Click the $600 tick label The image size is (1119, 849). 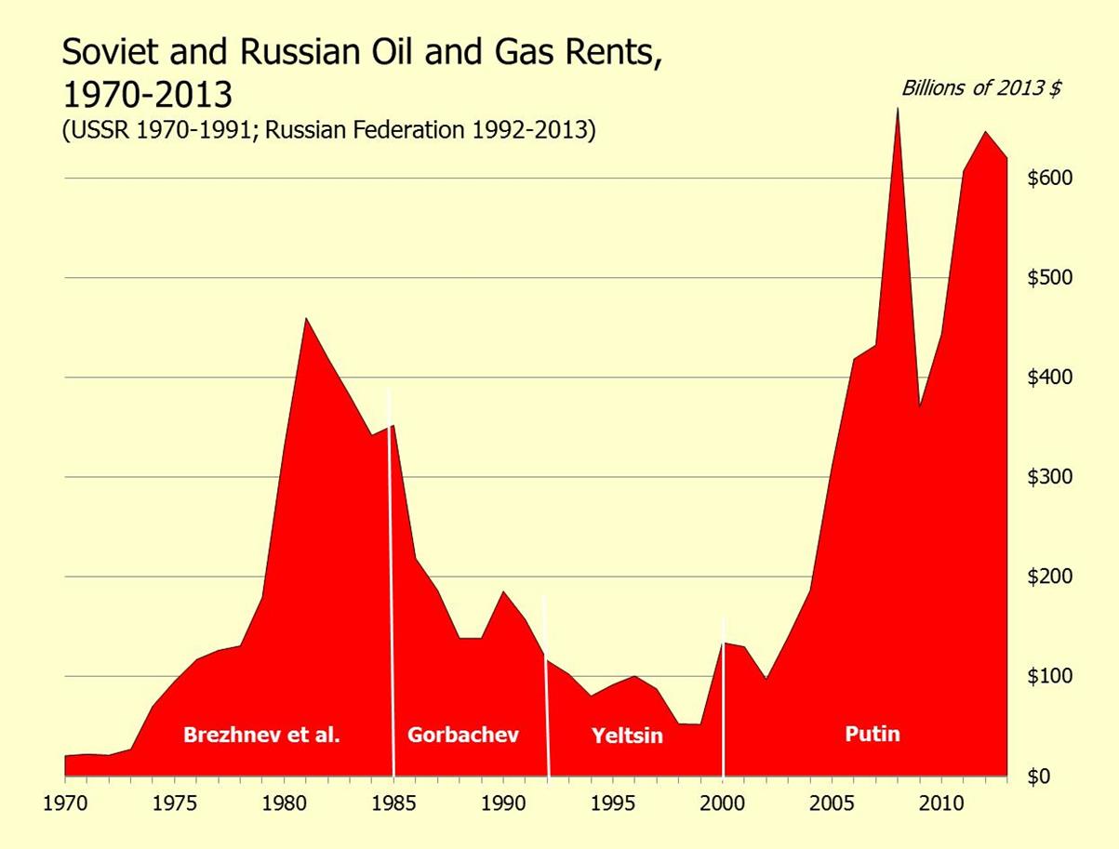(1050, 178)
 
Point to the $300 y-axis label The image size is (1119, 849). (1050, 477)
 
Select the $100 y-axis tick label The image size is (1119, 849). (1050, 676)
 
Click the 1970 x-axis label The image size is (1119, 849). (65, 801)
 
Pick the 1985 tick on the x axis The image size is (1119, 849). (394, 801)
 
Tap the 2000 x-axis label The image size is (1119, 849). (723, 801)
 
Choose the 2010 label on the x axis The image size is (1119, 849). (941, 801)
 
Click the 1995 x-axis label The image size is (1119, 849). (613, 801)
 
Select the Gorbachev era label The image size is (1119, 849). (462, 735)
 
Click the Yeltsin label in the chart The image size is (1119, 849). (627, 736)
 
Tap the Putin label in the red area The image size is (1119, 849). (873, 734)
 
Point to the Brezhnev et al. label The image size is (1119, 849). (261, 735)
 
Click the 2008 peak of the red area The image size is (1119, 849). (898, 110)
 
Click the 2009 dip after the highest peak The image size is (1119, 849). (920, 405)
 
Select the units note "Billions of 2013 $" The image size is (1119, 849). (982, 88)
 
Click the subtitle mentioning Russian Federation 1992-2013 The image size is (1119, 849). (328, 130)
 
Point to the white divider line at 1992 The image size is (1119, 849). (547, 688)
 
